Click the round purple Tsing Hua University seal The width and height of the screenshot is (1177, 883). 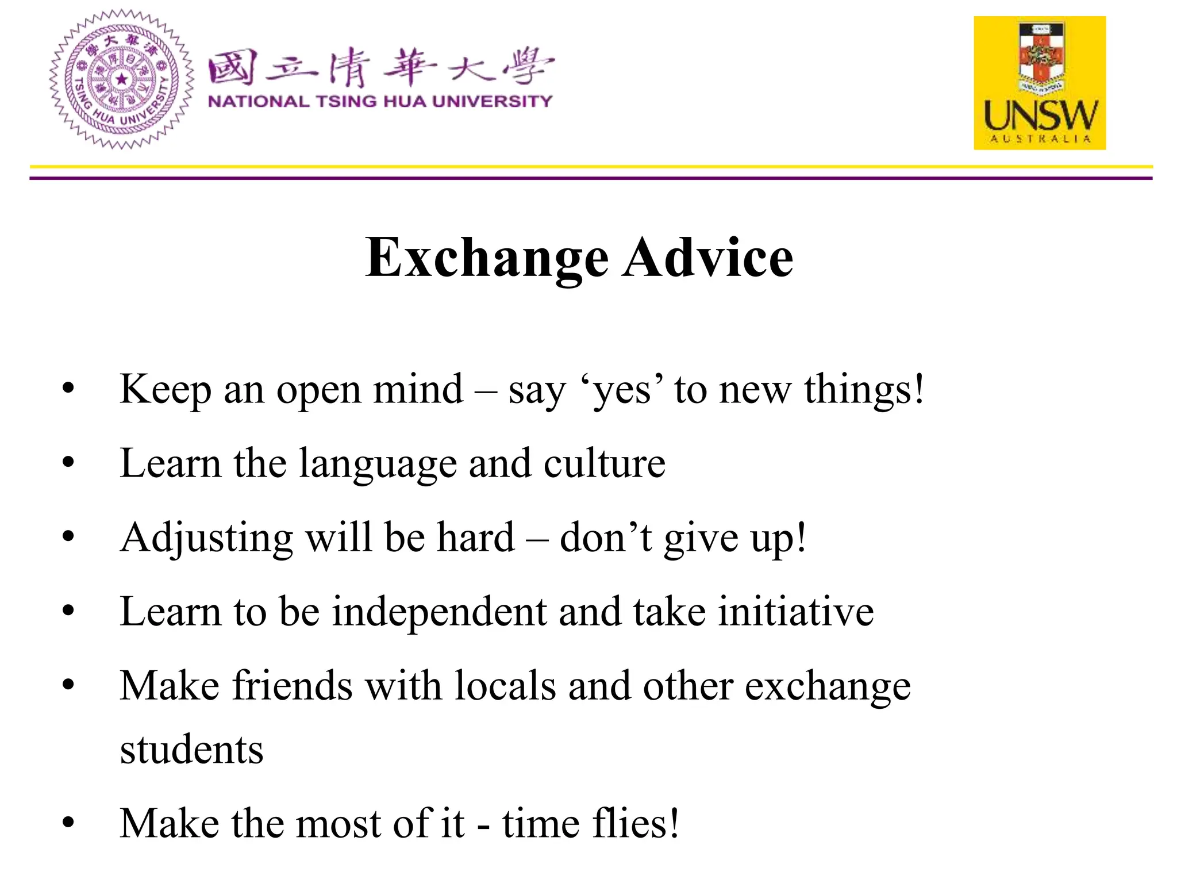[x=121, y=79]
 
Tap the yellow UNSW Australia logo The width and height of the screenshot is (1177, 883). [x=1040, y=83]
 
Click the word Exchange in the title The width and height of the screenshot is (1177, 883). [x=487, y=258]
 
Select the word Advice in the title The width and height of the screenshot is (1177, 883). [x=709, y=258]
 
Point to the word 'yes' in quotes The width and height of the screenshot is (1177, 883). [x=622, y=391]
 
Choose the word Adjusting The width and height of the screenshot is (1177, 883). [x=206, y=539]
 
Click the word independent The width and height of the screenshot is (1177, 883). [x=440, y=612]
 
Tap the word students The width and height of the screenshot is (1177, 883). [x=191, y=750]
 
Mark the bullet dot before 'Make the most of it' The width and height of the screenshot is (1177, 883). [x=68, y=823]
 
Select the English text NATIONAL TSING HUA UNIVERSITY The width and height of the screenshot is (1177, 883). [x=380, y=102]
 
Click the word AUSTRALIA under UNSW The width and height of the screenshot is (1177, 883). [x=1040, y=139]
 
